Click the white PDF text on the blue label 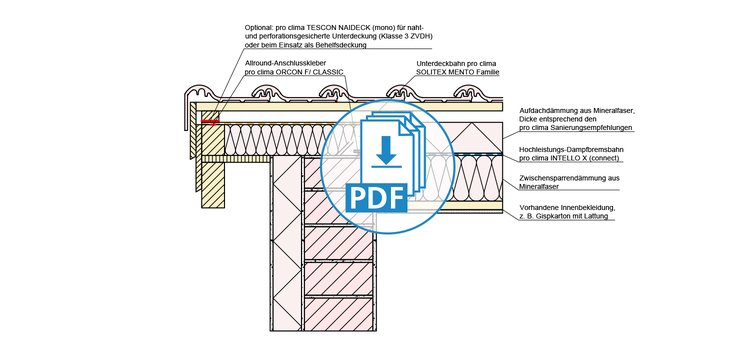pos(376,198)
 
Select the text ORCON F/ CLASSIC pos(311,72)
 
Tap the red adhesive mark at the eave pos(210,121)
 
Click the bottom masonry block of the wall pos(339,314)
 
